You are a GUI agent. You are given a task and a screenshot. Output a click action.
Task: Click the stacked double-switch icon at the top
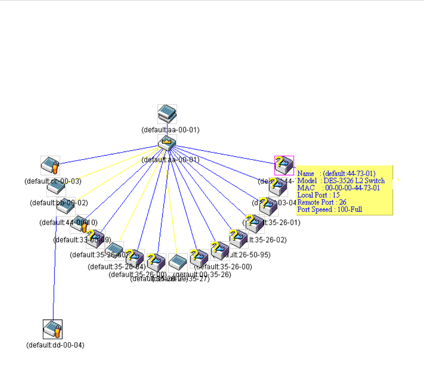[x=167, y=114]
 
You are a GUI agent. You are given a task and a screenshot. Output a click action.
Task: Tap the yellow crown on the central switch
[x=167, y=141]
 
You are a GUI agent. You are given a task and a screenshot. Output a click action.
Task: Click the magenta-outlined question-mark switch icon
[x=284, y=165]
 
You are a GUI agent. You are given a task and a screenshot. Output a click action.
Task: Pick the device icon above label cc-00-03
[x=50, y=166]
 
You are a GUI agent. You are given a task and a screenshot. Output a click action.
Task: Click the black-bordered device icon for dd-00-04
[x=53, y=329]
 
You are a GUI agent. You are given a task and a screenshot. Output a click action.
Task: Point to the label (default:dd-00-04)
[x=55, y=345]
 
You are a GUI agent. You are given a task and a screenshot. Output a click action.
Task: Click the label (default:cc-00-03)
[x=53, y=181]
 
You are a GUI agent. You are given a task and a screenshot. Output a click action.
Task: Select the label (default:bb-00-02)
[x=59, y=203]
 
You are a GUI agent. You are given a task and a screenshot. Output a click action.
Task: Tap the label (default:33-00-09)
[x=82, y=240]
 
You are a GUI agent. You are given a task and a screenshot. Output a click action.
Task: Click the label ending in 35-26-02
[x=266, y=240]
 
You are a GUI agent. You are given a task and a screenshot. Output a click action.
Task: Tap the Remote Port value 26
[x=342, y=202]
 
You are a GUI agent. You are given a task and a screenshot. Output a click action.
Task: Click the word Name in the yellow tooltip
[x=306, y=174]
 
